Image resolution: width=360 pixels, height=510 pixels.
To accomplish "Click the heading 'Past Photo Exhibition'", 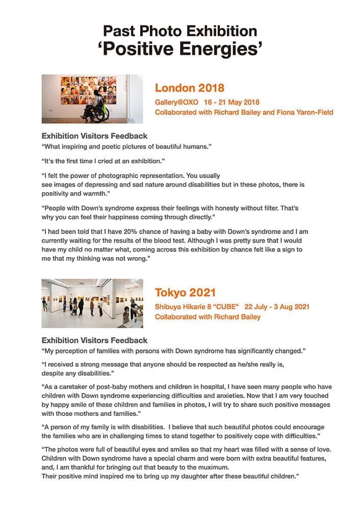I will (x=180, y=31).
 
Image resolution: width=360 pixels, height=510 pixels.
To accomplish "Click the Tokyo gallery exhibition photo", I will (x=92, y=303).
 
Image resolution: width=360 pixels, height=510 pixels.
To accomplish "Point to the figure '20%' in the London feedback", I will (x=125, y=232).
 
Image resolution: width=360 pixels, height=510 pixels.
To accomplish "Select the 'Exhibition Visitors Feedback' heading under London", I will (x=94, y=136).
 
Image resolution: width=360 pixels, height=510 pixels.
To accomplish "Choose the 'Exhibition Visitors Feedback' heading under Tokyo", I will (x=94, y=340).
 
